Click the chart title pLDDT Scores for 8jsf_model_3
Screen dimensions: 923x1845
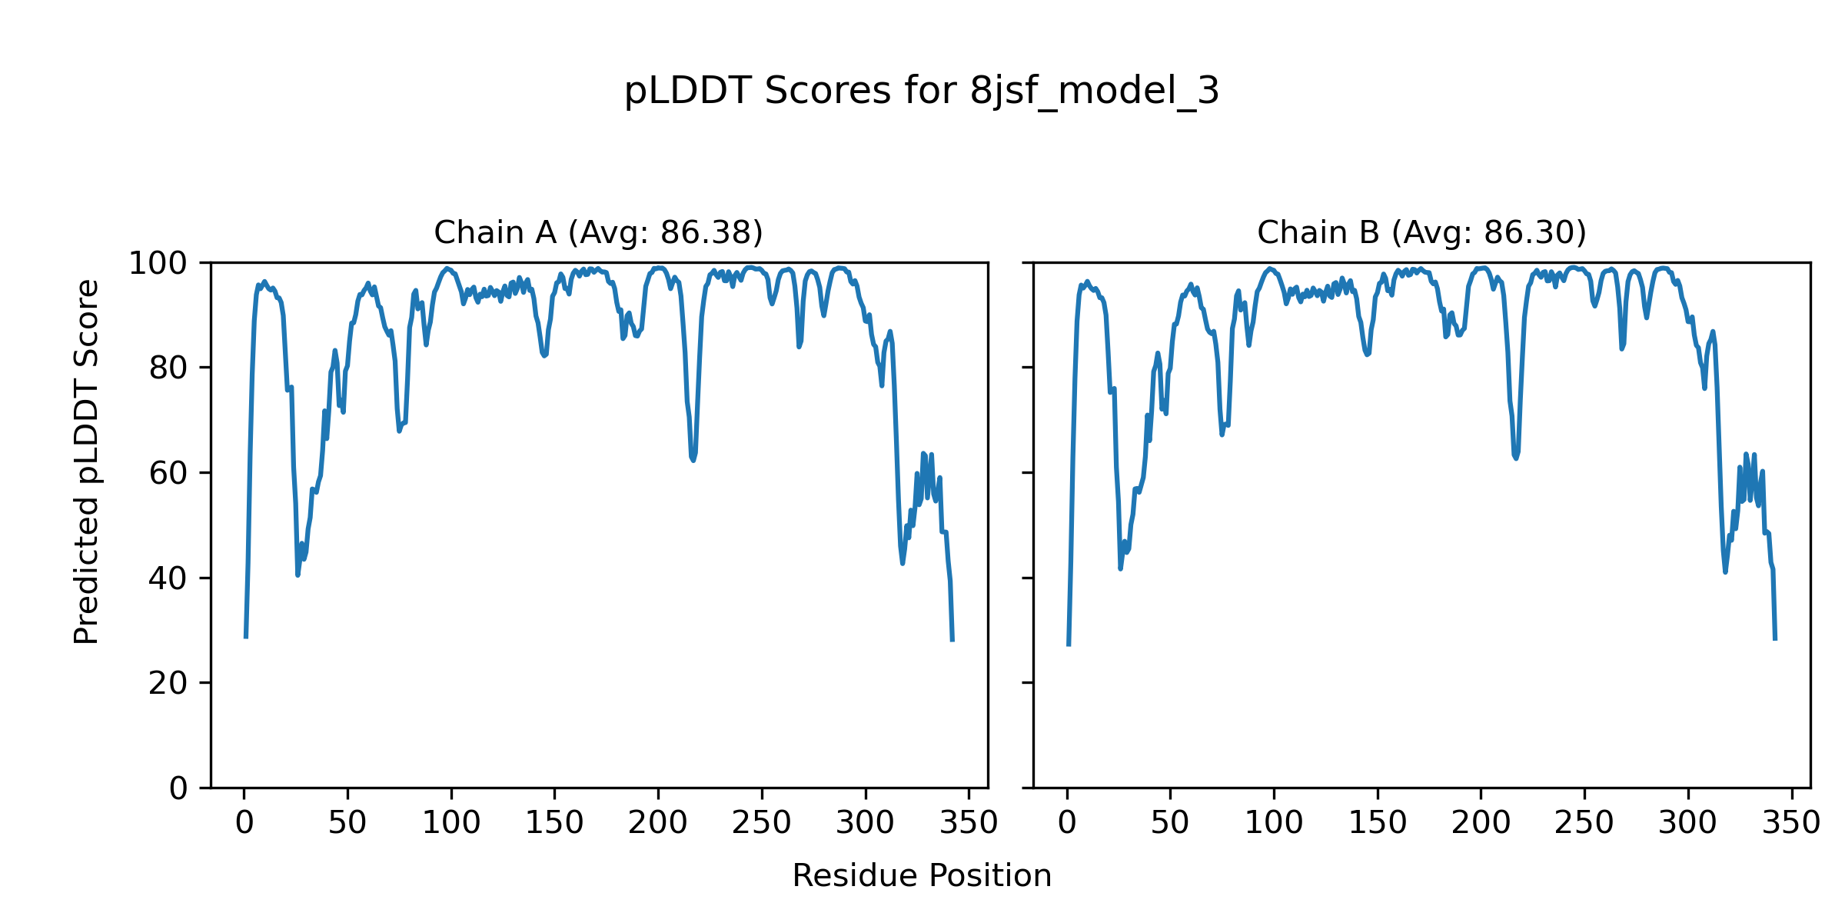click(921, 92)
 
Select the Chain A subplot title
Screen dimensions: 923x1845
click(598, 232)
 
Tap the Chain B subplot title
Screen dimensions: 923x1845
click(1421, 232)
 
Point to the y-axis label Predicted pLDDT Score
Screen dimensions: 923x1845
click(86, 461)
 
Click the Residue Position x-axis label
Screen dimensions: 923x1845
click(922, 876)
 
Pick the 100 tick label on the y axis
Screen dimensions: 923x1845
click(158, 264)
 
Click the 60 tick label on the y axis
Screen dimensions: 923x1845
click(168, 474)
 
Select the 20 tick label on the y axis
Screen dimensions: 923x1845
click(168, 683)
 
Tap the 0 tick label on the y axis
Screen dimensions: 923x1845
click(178, 788)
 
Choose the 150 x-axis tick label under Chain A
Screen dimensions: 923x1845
click(554, 823)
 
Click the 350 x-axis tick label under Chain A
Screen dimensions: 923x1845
click(969, 823)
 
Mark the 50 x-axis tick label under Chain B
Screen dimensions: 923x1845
click(1170, 823)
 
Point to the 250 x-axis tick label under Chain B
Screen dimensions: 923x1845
click(1584, 823)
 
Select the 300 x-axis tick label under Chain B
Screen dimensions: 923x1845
click(1687, 823)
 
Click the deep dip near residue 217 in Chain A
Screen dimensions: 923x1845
click(693, 459)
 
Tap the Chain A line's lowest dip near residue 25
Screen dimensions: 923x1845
click(298, 574)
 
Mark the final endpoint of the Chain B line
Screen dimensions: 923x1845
click(1775, 638)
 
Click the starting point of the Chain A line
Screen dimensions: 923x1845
click(246, 637)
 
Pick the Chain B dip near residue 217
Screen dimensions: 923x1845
click(1515, 458)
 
